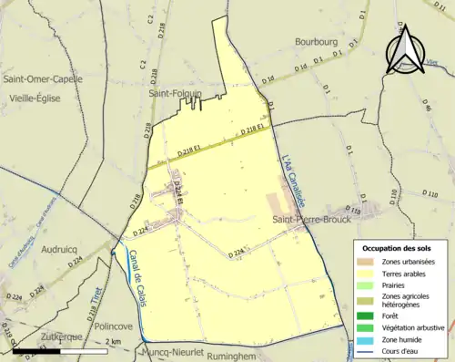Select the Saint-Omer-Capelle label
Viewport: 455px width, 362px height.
pyautogui.click(x=43, y=78)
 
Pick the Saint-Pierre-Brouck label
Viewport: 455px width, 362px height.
pyautogui.click(x=313, y=220)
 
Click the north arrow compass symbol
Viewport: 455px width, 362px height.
pyautogui.click(x=404, y=47)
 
